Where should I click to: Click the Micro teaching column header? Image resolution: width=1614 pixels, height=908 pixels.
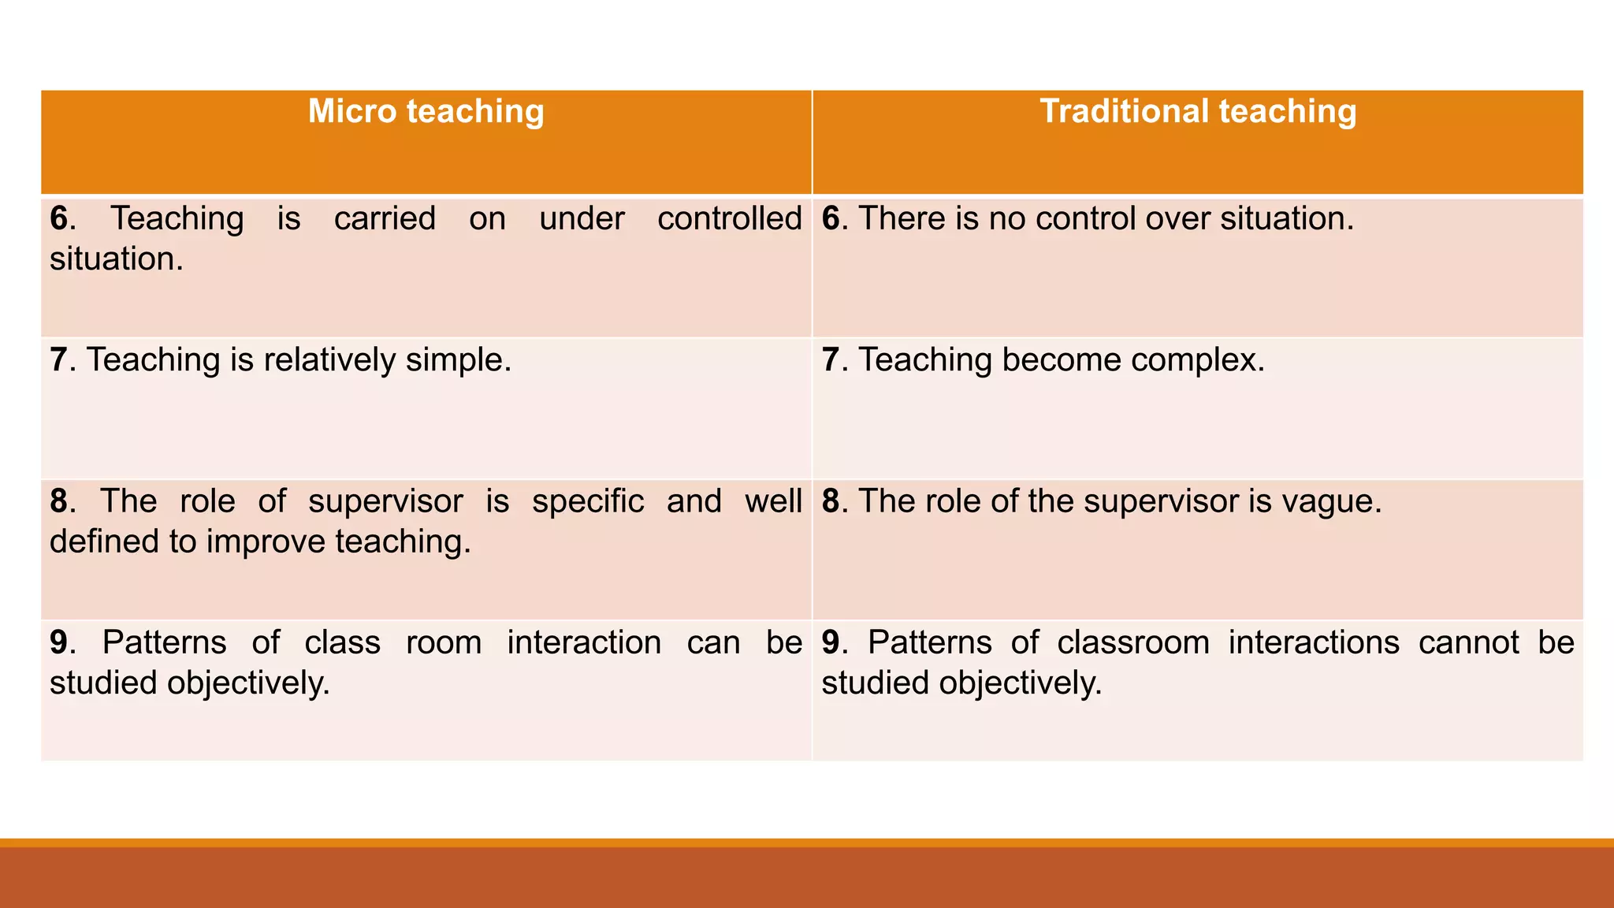[426, 112]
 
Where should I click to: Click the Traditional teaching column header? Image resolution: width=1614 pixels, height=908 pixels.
[1198, 112]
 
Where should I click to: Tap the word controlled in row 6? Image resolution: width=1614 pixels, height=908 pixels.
[730, 219]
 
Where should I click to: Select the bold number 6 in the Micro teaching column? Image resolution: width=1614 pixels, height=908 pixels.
[59, 219]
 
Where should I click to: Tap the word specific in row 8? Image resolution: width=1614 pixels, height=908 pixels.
[588, 502]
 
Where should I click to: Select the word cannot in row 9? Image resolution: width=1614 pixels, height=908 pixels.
[1468, 643]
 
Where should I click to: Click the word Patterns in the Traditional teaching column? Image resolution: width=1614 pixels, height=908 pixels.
[929, 643]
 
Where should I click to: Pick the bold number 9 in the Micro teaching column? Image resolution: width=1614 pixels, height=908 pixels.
[59, 643]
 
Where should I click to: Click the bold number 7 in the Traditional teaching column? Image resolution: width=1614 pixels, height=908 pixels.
[831, 360]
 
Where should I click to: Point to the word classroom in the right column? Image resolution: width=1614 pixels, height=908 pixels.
[1133, 643]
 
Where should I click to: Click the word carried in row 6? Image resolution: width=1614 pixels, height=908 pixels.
[385, 219]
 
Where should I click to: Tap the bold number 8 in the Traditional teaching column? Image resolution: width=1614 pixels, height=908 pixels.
[831, 502]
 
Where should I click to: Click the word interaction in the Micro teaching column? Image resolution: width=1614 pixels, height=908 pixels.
[584, 643]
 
